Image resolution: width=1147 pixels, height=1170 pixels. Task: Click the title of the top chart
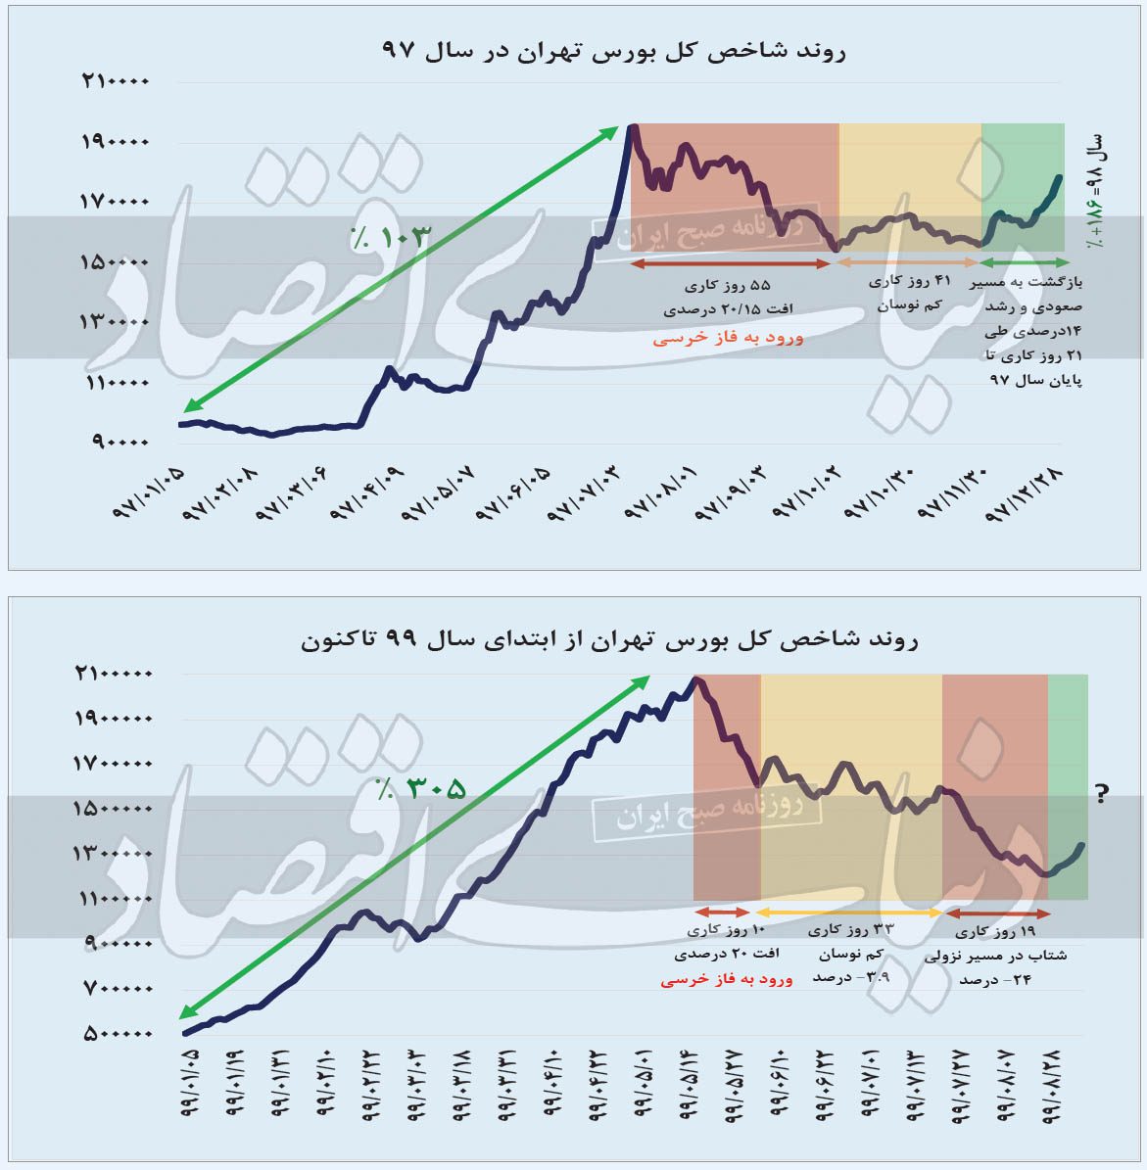(x=613, y=50)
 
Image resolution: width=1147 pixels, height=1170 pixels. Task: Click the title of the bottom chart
(x=608, y=641)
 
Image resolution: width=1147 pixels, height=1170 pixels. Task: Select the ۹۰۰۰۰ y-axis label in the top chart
(x=119, y=442)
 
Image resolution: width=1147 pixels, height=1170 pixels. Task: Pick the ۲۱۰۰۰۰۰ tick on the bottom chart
(x=113, y=674)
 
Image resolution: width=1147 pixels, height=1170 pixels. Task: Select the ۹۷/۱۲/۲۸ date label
(x=1028, y=495)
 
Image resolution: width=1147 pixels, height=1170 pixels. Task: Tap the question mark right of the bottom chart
(x=1101, y=793)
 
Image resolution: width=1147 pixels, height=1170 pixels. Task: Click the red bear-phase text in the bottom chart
(x=726, y=978)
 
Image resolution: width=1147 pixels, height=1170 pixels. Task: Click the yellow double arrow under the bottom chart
(x=850, y=913)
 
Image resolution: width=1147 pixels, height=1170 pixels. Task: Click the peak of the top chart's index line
(x=633, y=126)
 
